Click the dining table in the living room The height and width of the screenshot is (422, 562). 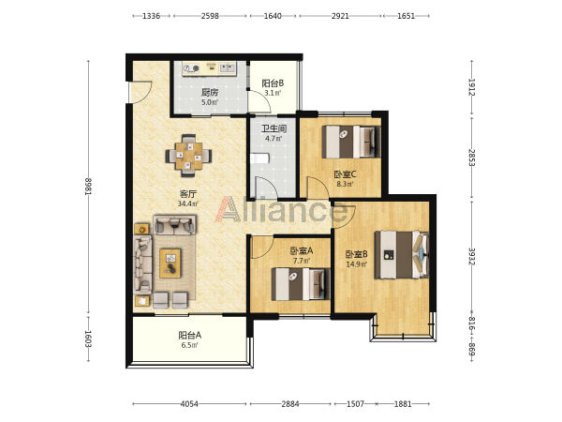(x=188, y=156)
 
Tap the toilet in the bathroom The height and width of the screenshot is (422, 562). (x=259, y=158)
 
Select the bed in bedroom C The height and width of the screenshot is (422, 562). (x=351, y=142)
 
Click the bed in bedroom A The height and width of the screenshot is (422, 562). (x=301, y=284)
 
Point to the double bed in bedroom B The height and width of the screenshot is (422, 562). (x=402, y=254)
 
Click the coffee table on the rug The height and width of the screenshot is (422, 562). (x=170, y=264)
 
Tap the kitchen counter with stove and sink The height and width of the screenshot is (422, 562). (x=209, y=68)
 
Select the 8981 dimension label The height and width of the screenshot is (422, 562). (x=88, y=187)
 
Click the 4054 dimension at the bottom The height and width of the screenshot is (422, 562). (x=189, y=404)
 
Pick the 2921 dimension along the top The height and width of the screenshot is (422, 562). (x=340, y=16)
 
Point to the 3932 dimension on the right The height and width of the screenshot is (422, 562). (x=472, y=256)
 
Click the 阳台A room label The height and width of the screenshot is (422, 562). (x=189, y=335)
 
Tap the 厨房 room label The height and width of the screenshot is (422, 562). (x=210, y=92)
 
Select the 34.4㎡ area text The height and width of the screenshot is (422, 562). (x=188, y=203)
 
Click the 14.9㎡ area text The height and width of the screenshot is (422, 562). (x=356, y=264)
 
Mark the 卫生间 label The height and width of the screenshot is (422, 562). (x=274, y=128)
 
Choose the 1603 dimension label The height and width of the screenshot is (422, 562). (x=88, y=339)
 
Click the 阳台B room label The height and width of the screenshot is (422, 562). (x=273, y=83)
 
